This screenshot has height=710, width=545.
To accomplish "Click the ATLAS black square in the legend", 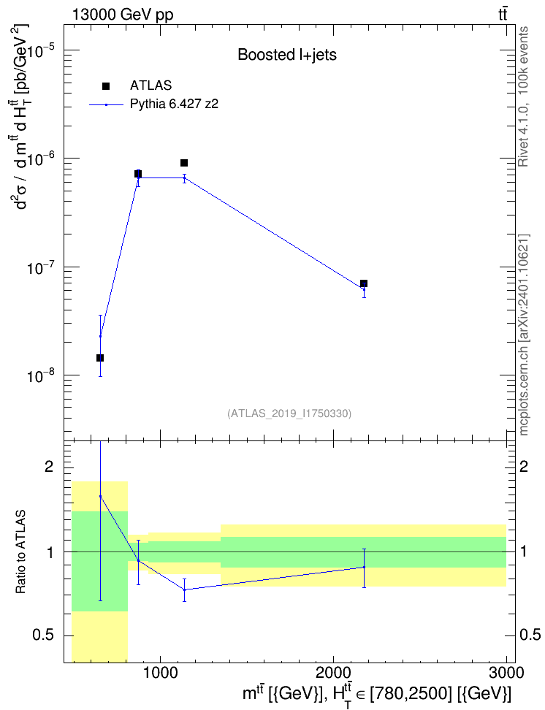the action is click(105, 86).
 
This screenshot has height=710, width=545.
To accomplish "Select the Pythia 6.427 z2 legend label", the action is click(174, 104).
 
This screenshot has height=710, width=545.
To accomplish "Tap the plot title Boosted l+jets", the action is click(287, 55).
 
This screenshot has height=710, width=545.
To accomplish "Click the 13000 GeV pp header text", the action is click(123, 15).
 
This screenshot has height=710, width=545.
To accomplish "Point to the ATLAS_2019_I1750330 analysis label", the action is click(289, 413).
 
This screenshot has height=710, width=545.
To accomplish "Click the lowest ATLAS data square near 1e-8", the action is click(100, 358).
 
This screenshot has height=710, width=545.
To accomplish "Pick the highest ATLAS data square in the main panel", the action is click(184, 163).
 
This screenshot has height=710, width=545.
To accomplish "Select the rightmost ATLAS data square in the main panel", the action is click(364, 283).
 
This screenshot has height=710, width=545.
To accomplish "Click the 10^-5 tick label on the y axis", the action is click(41, 50).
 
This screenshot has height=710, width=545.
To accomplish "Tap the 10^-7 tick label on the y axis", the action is click(41, 267).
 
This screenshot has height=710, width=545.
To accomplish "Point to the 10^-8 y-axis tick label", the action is click(41, 376).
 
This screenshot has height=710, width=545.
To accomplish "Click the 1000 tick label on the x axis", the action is click(161, 673).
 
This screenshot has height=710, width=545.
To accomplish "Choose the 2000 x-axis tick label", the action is click(333, 673).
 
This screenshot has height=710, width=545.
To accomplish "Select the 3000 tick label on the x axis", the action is click(506, 673).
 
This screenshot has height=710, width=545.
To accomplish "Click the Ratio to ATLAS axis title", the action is click(20, 551).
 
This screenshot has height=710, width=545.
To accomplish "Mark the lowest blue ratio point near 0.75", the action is click(184, 589).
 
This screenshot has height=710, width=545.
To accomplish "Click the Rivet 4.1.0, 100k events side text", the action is click(523, 96).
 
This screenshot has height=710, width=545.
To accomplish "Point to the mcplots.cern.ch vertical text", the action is click(523, 335).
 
